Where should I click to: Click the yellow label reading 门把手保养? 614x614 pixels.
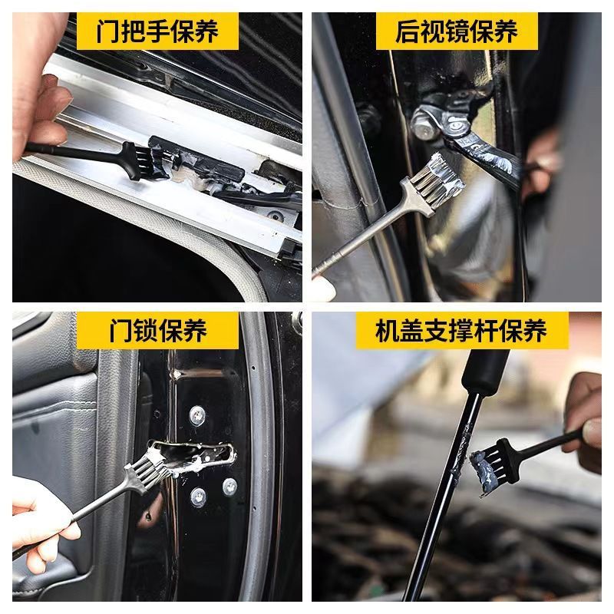[157, 31]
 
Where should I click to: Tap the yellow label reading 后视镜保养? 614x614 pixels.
[457, 31]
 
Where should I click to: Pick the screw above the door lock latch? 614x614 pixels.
[197, 415]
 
